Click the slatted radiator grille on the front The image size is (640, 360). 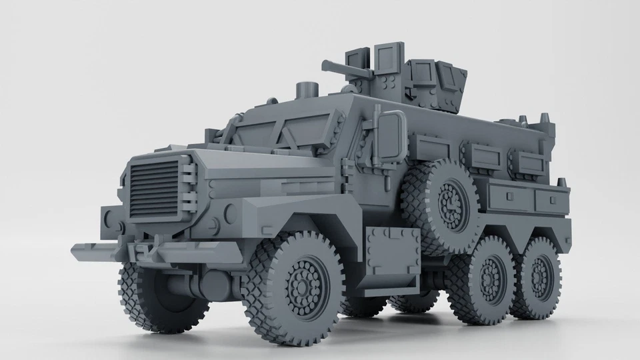[x=155, y=188]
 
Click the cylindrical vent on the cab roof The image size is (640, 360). [x=306, y=89]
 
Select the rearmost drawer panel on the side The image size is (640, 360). [x=553, y=199]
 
